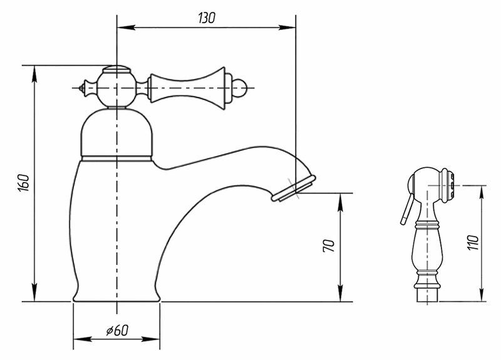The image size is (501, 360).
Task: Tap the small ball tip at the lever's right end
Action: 241,87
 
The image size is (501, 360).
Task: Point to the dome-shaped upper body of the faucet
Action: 117,131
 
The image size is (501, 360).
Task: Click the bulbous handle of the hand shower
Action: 427,250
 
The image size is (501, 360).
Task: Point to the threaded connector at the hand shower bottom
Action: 428,294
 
